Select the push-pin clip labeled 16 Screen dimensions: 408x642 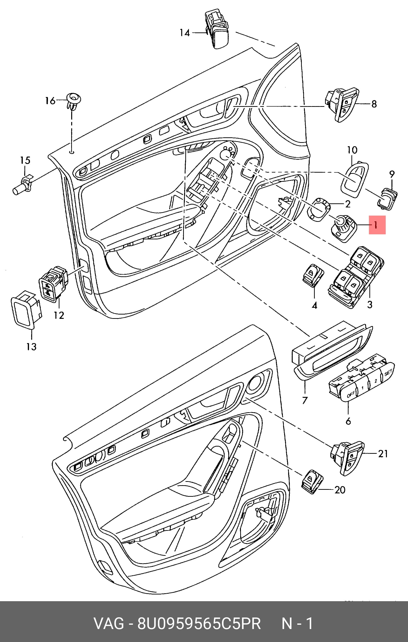click(73, 102)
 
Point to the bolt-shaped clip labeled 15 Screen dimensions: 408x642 click(23, 184)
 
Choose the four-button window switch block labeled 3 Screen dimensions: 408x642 click(356, 277)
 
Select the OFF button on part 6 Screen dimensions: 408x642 click(351, 394)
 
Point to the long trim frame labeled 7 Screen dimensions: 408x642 click(333, 351)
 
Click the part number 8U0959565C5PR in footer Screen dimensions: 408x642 click(199, 623)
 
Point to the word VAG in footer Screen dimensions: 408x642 click(109, 623)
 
